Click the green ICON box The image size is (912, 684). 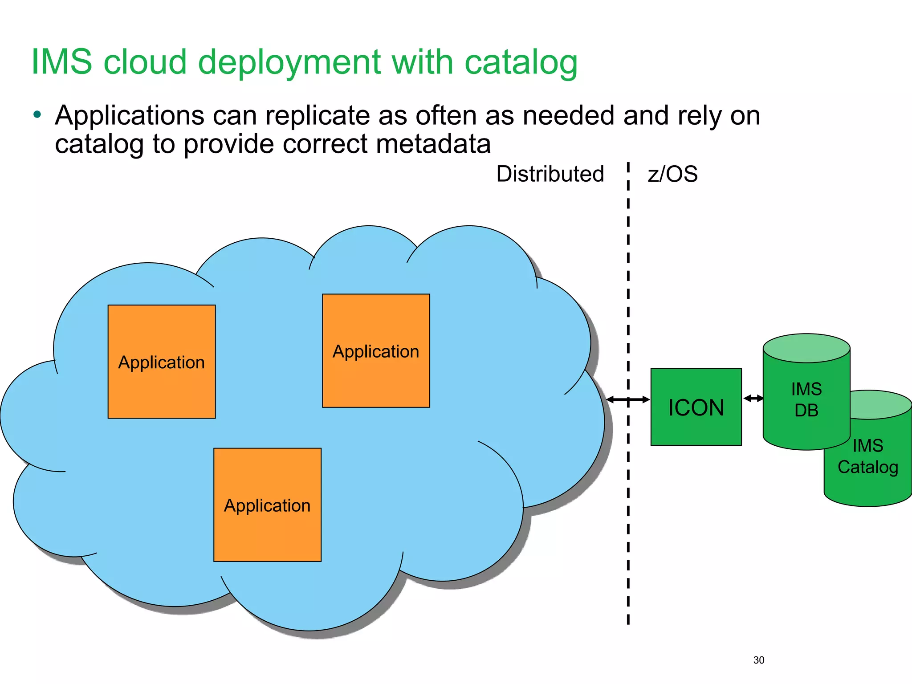[696, 407]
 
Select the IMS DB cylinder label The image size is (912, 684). [806, 399]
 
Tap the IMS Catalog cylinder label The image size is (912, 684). [867, 456]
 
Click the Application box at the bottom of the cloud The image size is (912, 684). [267, 505]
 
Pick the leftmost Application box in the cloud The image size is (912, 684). [162, 362]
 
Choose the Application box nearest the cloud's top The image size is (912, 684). [376, 351]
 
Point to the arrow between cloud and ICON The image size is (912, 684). [628, 399]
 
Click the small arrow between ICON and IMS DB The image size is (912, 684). [753, 398]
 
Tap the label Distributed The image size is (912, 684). [550, 174]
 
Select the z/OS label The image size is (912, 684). [672, 174]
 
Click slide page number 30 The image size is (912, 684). [758, 660]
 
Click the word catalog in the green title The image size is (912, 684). [521, 62]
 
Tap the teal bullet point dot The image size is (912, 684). [37, 115]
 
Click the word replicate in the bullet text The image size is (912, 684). [318, 116]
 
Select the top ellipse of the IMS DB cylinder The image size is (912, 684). [806, 348]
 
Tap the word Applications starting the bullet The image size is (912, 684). [130, 116]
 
